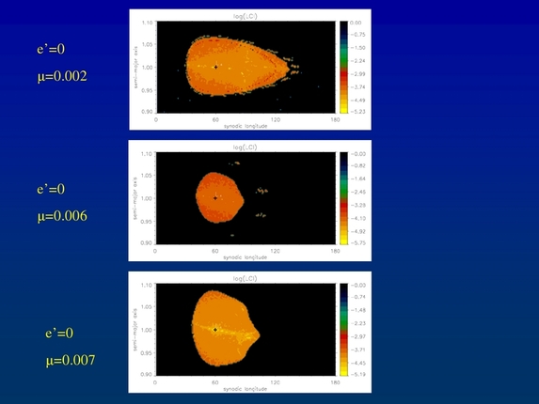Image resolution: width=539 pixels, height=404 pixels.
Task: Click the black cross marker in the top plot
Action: [215, 67]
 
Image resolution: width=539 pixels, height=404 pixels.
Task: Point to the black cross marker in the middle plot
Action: [215, 198]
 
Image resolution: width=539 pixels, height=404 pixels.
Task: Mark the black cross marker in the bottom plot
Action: [215, 330]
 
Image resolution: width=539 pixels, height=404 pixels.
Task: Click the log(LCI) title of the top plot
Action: [246, 16]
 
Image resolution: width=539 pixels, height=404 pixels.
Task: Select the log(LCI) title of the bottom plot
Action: [246, 279]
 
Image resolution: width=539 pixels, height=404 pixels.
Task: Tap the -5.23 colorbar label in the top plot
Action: [357, 110]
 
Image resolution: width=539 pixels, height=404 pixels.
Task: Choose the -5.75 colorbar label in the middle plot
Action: [357, 241]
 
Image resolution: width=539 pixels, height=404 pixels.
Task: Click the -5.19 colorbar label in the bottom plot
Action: [357, 373]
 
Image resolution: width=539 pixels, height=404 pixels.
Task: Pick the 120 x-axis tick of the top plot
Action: [276, 118]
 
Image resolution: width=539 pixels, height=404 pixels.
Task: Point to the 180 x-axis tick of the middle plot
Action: [336, 250]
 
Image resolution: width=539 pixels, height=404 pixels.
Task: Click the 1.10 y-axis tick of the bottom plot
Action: [147, 285]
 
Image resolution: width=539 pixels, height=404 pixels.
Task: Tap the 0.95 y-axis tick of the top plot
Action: [147, 90]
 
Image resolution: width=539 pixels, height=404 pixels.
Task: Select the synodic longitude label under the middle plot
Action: [246, 256]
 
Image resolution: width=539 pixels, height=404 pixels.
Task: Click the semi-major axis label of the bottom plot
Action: [137, 330]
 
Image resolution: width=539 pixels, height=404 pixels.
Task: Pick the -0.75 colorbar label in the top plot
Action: [357, 34]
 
